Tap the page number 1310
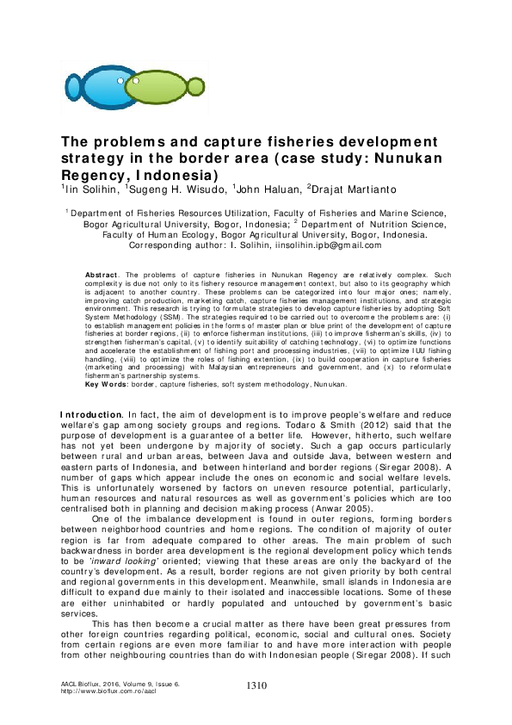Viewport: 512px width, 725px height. pyautogui.click(x=256, y=685)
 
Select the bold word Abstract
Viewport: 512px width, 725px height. pyautogui.click(x=102, y=274)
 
